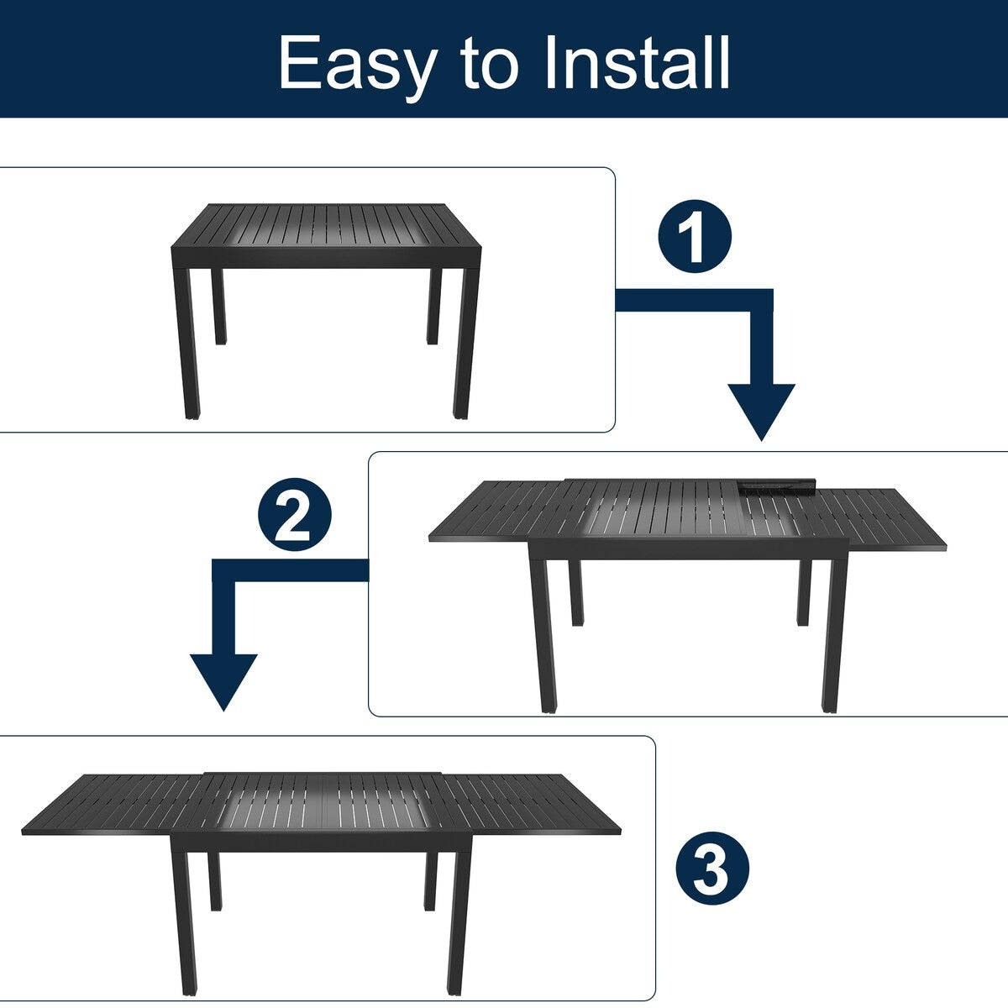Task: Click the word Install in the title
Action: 637,63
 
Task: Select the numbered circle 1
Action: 695,236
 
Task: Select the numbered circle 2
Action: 294,515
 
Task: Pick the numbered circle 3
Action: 712,869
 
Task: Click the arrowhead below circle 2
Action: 223,680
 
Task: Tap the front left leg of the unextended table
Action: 191,344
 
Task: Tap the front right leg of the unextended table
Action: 463,344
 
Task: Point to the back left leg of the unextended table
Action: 220,307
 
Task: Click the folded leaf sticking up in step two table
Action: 777,486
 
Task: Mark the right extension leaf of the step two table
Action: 882,517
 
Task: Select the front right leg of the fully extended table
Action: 458,924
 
